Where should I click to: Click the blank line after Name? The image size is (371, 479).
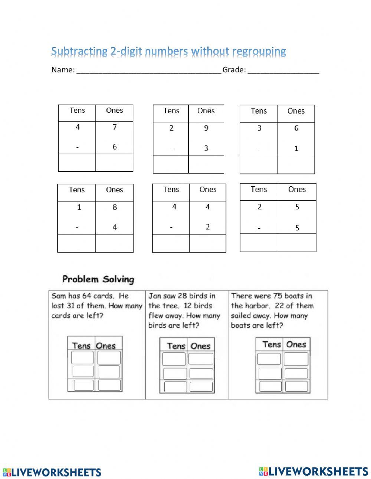tap(148, 70)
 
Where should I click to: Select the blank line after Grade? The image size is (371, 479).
tap(283, 70)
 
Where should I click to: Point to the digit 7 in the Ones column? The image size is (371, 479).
tap(115, 127)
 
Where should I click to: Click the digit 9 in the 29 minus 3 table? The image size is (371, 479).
tap(206, 128)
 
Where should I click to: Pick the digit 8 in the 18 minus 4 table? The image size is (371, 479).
tap(115, 207)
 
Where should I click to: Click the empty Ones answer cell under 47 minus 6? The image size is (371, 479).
tap(114, 163)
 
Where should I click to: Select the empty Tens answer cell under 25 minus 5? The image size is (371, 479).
tap(259, 243)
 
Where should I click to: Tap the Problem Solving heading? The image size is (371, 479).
tap(98, 279)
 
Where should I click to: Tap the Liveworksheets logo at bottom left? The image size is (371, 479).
tap(52, 472)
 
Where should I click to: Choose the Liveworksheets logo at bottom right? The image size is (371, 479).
tap(313, 471)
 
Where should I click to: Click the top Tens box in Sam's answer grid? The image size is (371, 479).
tap(82, 358)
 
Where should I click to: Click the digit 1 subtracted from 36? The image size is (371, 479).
tap(296, 148)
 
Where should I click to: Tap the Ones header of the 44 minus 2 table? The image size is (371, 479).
tap(208, 190)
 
